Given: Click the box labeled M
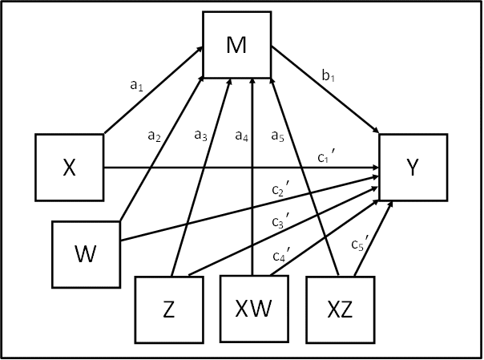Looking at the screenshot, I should (x=236, y=46).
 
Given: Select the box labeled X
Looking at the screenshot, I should (x=70, y=168).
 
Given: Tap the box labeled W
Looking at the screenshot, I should (x=85, y=255).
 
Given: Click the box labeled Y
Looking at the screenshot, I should (x=412, y=168).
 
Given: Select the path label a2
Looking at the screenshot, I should (x=155, y=138).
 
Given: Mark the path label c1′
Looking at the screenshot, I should (x=325, y=157).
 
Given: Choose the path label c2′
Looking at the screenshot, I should (x=280, y=191).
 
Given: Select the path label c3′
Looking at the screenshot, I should (x=280, y=221).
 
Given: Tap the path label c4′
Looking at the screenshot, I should (x=280, y=257).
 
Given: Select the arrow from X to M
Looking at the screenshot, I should (x=152, y=92).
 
